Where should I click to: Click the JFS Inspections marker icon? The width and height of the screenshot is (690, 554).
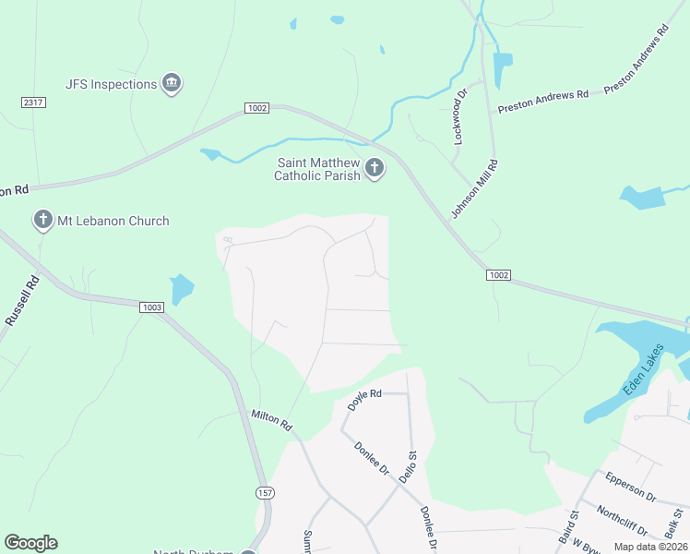pos(171,84)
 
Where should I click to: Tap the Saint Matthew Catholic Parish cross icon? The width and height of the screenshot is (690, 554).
pos(375,168)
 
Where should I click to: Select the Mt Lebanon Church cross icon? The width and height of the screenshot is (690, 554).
pos(42,221)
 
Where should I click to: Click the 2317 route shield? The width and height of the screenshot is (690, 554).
pos(33,102)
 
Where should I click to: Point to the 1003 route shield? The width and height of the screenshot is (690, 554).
pos(152,307)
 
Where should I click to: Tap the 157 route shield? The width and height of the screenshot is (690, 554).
pos(265,494)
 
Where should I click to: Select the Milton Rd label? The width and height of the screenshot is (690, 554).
pos(271,421)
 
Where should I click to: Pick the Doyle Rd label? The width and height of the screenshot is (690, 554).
pos(364,398)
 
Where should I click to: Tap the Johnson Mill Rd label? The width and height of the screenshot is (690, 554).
pos(474,189)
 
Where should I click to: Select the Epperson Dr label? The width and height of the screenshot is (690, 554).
pos(629,488)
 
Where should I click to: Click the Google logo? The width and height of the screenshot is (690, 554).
pos(30,543)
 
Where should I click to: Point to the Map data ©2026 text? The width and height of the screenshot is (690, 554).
pos(650,547)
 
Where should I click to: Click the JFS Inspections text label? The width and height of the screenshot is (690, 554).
pos(112,84)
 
